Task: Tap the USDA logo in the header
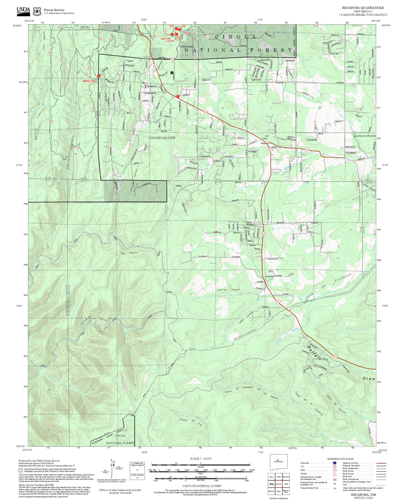click(x=23, y=10)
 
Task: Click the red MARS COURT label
click(x=90, y=80)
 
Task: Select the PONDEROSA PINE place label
click(x=162, y=137)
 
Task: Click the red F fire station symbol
click(x=177, y=96)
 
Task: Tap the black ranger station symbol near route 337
click(x=172, y=72)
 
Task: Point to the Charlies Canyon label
click(x=228, y=290)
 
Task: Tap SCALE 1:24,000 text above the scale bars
click(x=201, y=459)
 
